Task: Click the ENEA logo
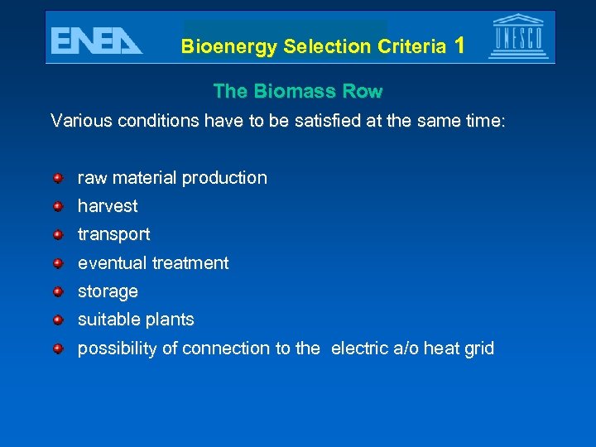pyautogui.click(x=96, y=40)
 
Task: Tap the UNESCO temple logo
pyautogui.click(x=518, y=37)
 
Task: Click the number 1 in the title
pyautogui.click(x=459, y=46)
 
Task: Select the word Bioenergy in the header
pyautogui.click(x=229, y=47)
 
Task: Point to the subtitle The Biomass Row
pyautogui.click(x=298, y=90)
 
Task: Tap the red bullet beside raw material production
pyautogui.click(x=58, y=177)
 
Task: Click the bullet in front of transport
pyautogui.click(x=58, y=234)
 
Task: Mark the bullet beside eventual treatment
pyautogui.click(x=58, y=263)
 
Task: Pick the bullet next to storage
pyautogui.click(x=58, y=291)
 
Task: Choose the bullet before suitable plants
pyautogui.click(x=58, y=320)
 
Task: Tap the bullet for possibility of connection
pyautogui.click(x=58, y=348)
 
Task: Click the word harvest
pyautogui.click(x=108, y=206)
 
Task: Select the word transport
pyautogui.click(x=114, y=235)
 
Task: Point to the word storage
pyautogui.click(x=108, y=292)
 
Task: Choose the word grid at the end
pyautogui.click(x=479, y=348)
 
